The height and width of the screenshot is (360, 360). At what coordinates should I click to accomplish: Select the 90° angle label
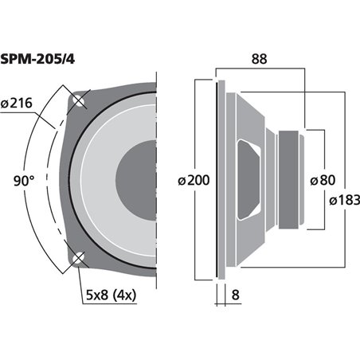tap(24, 180)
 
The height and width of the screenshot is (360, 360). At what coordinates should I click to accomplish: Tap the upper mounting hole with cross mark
tap(78, 100)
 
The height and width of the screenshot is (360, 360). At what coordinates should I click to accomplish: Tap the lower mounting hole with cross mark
tap(78, 258)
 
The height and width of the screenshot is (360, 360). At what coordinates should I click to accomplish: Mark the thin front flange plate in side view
tap(218, 179)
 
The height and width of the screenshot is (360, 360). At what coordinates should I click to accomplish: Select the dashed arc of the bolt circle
tap(49, 179)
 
